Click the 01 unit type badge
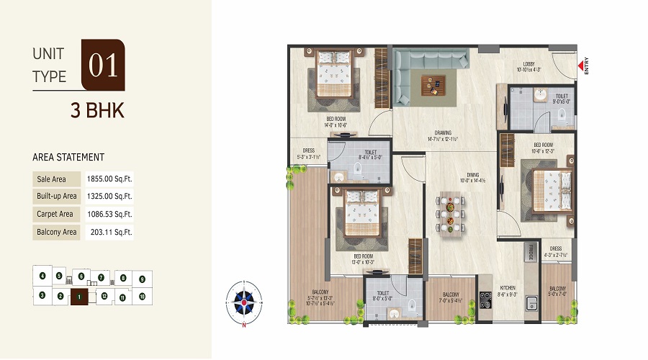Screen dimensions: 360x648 [x=103, y=65]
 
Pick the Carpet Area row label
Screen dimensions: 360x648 [x=55, y=214]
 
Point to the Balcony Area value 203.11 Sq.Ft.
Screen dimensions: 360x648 [x=107, y=232]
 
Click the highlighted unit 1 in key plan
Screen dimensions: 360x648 [x=78, y=296]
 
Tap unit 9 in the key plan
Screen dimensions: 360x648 [x=142, y=279]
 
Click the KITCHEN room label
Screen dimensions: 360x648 [x=508, y=287]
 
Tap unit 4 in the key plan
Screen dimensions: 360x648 [x=42, y=276]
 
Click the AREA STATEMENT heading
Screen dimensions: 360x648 [x=68, y=157]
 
